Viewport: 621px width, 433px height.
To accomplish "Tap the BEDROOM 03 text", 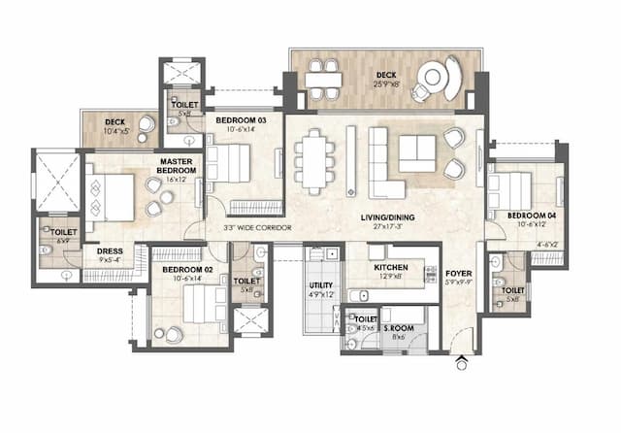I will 233,121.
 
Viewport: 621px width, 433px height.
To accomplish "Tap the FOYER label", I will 459,274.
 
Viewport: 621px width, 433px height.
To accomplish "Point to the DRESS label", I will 110,250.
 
